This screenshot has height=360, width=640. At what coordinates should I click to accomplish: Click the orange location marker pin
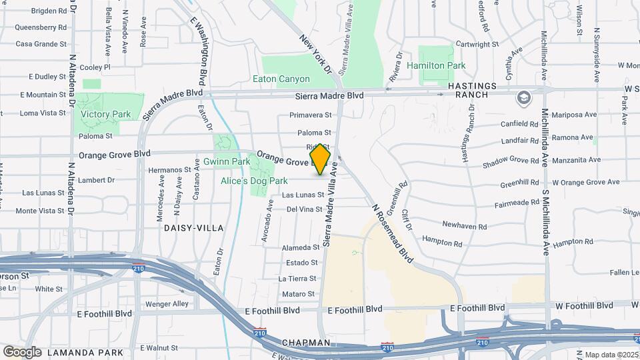pos(321,159)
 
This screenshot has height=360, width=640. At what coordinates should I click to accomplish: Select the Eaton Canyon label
pos(281,79)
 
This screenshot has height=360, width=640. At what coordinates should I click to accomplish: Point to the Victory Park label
pos(106,114)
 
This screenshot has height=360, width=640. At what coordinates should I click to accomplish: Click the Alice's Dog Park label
pos(254,181)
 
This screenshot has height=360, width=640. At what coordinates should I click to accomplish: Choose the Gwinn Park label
pos(227,161)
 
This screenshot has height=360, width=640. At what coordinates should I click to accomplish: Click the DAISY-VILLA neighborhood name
pos(192,227)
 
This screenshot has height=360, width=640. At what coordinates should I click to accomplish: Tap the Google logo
pos(22,352)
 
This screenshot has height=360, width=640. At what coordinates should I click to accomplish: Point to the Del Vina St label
pos(304,209)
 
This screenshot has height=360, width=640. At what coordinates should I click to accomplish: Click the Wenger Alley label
pos(167,304)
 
